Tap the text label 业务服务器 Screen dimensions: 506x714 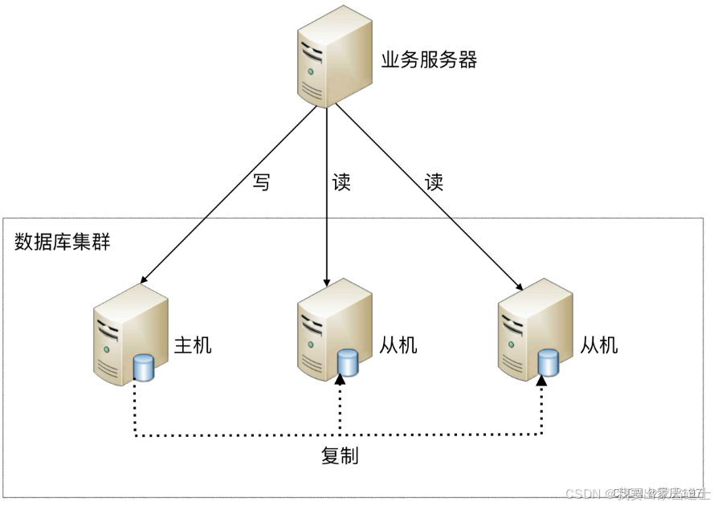tap(429, 60)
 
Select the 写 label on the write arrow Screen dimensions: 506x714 tap(261, 182)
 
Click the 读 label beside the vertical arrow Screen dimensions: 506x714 tap(341, 182)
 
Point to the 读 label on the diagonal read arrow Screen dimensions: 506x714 tap(434, 182)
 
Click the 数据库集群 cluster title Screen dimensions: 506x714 tap(62, 242)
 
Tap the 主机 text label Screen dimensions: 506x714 tap(194, 345)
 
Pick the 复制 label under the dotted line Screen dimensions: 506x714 tap(339, 456)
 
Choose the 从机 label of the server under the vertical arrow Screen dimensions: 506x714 tap(398, 345)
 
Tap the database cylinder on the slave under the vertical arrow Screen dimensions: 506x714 tap(348, 362)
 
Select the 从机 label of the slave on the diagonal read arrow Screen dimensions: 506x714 tap(599, 345)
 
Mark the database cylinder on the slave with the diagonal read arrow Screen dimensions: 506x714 tap(549, 362)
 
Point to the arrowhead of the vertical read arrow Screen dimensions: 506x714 tap(326, 283)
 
